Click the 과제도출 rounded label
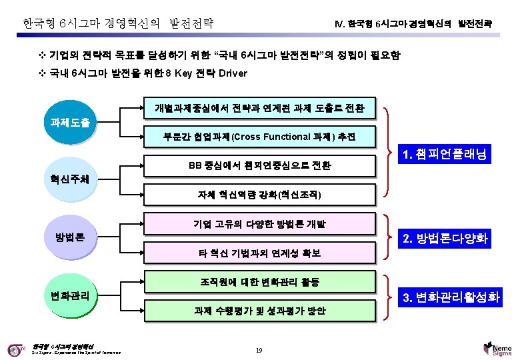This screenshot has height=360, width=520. click(70, 122)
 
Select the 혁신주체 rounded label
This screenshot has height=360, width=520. click(70, 179)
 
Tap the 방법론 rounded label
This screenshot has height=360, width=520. click(70, 237)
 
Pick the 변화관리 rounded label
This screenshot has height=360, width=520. click(70, 295)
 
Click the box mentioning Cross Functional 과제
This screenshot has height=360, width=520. click(259, 137)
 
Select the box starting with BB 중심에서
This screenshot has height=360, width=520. click(259, 165)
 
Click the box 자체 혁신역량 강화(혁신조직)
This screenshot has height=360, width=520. click(259, 195)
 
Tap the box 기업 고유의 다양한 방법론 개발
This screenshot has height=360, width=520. click(259, 224)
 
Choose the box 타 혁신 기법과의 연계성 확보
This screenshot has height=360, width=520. click(259, 253)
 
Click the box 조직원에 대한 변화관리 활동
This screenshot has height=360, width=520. click(259, 282)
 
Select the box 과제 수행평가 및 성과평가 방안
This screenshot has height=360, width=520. click(259, 310)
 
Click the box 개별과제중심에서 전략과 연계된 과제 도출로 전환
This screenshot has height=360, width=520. click(259, 107)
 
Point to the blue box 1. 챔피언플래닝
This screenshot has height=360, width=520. click(445, 156)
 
